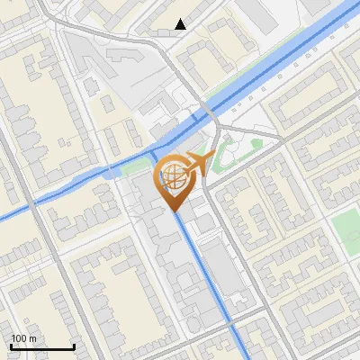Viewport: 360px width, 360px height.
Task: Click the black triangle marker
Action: pos(181,24)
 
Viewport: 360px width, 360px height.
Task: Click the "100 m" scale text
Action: pos(23,338)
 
